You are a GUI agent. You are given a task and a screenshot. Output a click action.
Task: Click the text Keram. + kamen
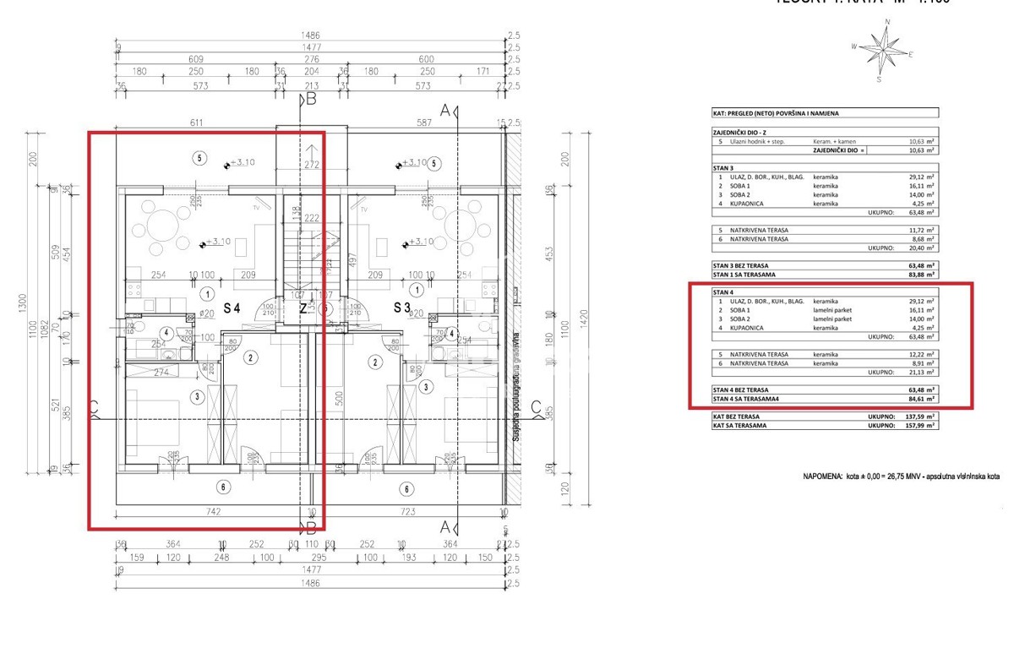(831, 141)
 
